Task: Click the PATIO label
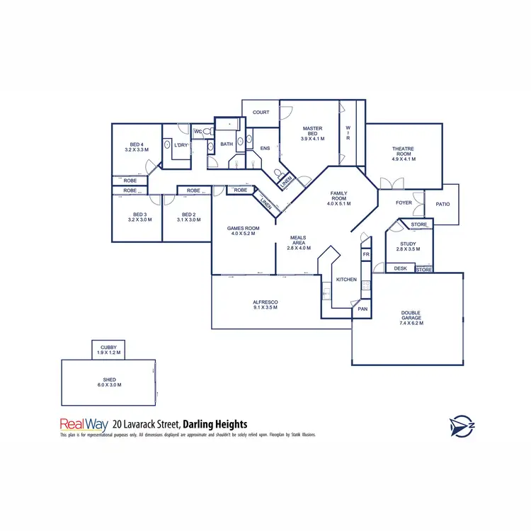443,205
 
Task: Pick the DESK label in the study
400,268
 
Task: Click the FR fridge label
366,254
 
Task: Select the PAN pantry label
362,309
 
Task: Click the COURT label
261,113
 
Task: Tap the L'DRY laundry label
181,145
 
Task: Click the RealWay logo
84,425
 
